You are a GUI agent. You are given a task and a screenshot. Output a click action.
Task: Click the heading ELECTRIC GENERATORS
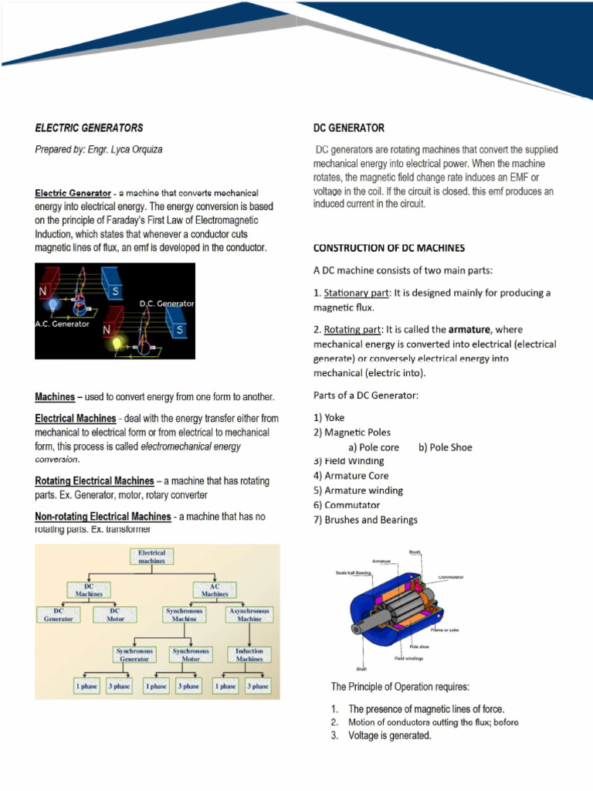tap(89, 127)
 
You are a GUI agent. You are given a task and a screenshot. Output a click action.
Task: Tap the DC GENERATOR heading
tap(348, 127)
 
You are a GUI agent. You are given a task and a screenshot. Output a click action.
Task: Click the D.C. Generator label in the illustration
tap(167, 304)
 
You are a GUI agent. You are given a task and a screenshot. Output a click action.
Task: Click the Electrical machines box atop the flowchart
tap(151, 557)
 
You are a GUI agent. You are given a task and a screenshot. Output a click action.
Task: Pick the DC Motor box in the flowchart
tap(114, 614)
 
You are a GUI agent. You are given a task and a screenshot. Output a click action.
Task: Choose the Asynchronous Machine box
tap(249, 614)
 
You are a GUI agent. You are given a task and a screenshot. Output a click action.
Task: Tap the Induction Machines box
tap(249, 654)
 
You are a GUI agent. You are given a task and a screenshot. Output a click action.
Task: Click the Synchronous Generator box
tap(134, 654)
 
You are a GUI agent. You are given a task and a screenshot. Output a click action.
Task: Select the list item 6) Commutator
tap(347, 505)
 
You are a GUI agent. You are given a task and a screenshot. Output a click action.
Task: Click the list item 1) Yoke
tap(329, 418)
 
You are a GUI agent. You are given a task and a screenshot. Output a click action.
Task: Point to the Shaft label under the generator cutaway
tap(361, 669)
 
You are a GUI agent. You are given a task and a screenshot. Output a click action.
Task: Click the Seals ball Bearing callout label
tap(354, 572)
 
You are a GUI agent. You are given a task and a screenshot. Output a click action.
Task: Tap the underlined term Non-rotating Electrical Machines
tap(103, 516)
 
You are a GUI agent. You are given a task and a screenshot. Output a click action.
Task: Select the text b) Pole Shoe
tap(445, 447)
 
